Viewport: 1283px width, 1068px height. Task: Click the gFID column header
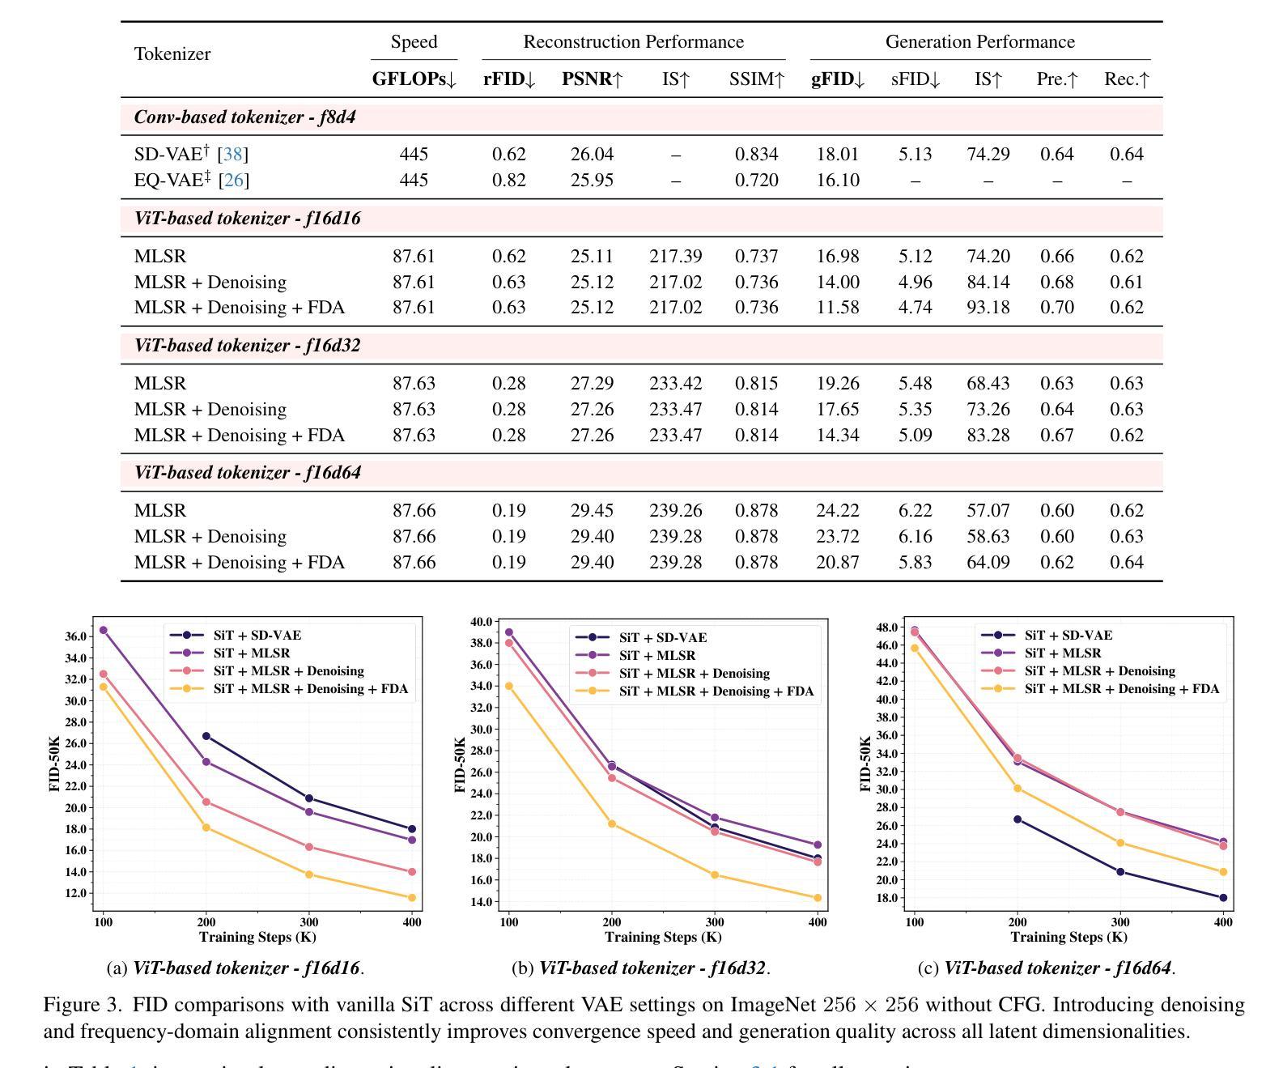tap(838, 79)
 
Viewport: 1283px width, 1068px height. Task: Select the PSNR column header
tap(592, 79)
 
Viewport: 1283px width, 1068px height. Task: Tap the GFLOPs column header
tap(414, 79)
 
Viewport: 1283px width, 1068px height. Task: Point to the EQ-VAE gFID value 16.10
tap(838, 180)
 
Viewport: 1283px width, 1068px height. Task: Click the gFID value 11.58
tap(838, 307)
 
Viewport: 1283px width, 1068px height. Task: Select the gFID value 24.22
tap(838, 510)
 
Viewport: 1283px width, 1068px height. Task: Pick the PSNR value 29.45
tap(592, 510)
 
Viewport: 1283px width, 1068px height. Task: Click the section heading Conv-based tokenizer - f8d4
tap(244, 117)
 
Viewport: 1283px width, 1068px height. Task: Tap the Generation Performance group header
tap(979, 42)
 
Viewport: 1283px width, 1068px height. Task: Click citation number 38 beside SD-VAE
tap(232, 154)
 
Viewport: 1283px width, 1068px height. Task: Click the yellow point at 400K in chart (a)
tap(412, 897)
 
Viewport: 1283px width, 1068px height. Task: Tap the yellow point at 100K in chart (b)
tap(509, 686)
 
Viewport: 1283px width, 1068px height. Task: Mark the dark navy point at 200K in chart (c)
tap(1017, 819)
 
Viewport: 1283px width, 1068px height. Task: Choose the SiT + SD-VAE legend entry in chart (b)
tap(662, 638)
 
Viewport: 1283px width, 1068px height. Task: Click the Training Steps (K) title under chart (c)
tap(1068, 937)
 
